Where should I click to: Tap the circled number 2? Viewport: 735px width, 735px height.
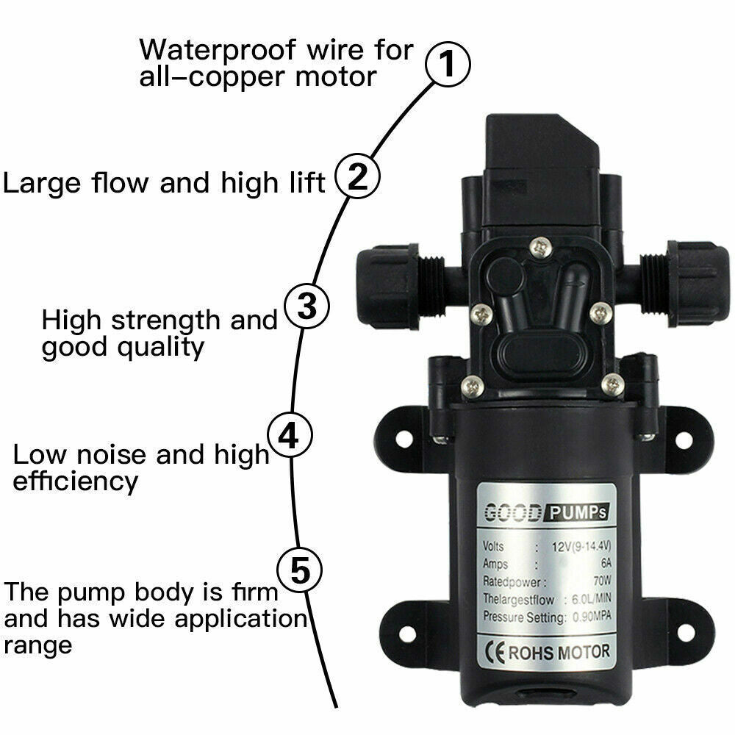(x=357, y=177)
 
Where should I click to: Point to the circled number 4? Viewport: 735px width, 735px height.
(x=290, y=437)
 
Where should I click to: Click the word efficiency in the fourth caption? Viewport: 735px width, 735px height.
(x=75, y=481)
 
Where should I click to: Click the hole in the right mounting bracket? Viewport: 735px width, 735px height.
(x=682, y=441)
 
